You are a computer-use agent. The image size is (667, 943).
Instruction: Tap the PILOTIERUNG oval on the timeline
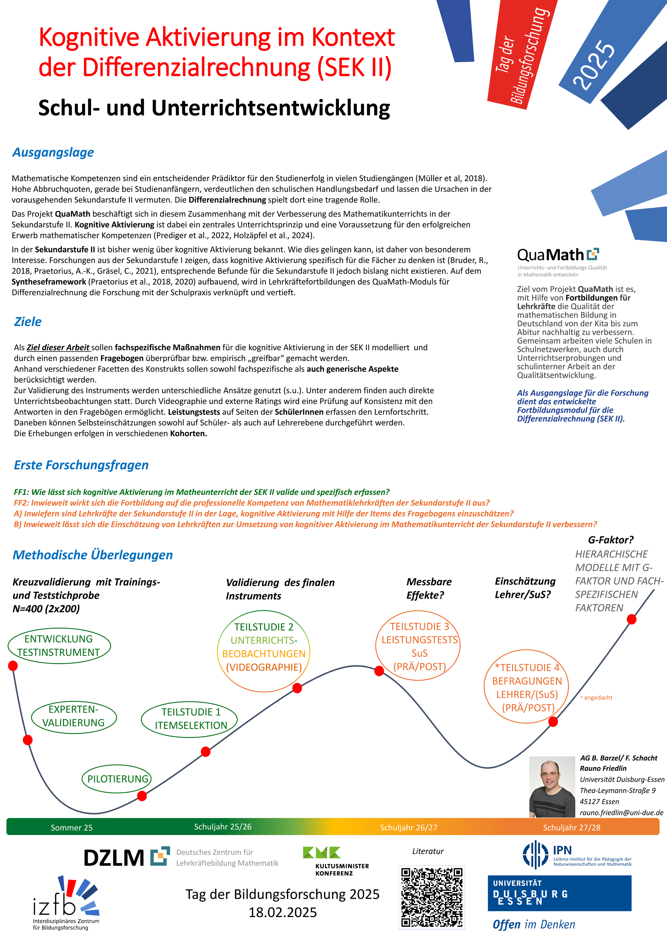pyautogui.click(x=118, y=779)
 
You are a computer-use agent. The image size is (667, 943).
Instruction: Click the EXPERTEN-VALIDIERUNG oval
pyautogui.click(x=74, y=716)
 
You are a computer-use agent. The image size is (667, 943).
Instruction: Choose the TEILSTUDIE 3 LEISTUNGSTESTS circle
pyautogui.click(x=418, y=646)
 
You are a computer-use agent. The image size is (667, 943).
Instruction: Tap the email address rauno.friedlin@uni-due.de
pyautogui.click(x=622, y=812)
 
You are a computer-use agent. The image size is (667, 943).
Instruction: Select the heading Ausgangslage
pyautogui.click(x=53, y=152)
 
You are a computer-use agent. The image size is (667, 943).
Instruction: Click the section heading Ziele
pyautogui.click(x=28, y=322)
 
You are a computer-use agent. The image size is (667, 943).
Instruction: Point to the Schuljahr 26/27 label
pyautogui.click(x=408, y=827)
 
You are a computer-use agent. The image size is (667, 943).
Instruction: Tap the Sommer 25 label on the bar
pyautogui.click(x=71, y=827)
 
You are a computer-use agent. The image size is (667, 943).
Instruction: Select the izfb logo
pyautogui.click(x=66, y=902)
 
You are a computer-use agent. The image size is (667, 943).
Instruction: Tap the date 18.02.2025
pyautogui.click(x=283, y=912)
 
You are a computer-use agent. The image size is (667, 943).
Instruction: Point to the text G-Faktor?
pyautogui.click(x=611, y=540)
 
